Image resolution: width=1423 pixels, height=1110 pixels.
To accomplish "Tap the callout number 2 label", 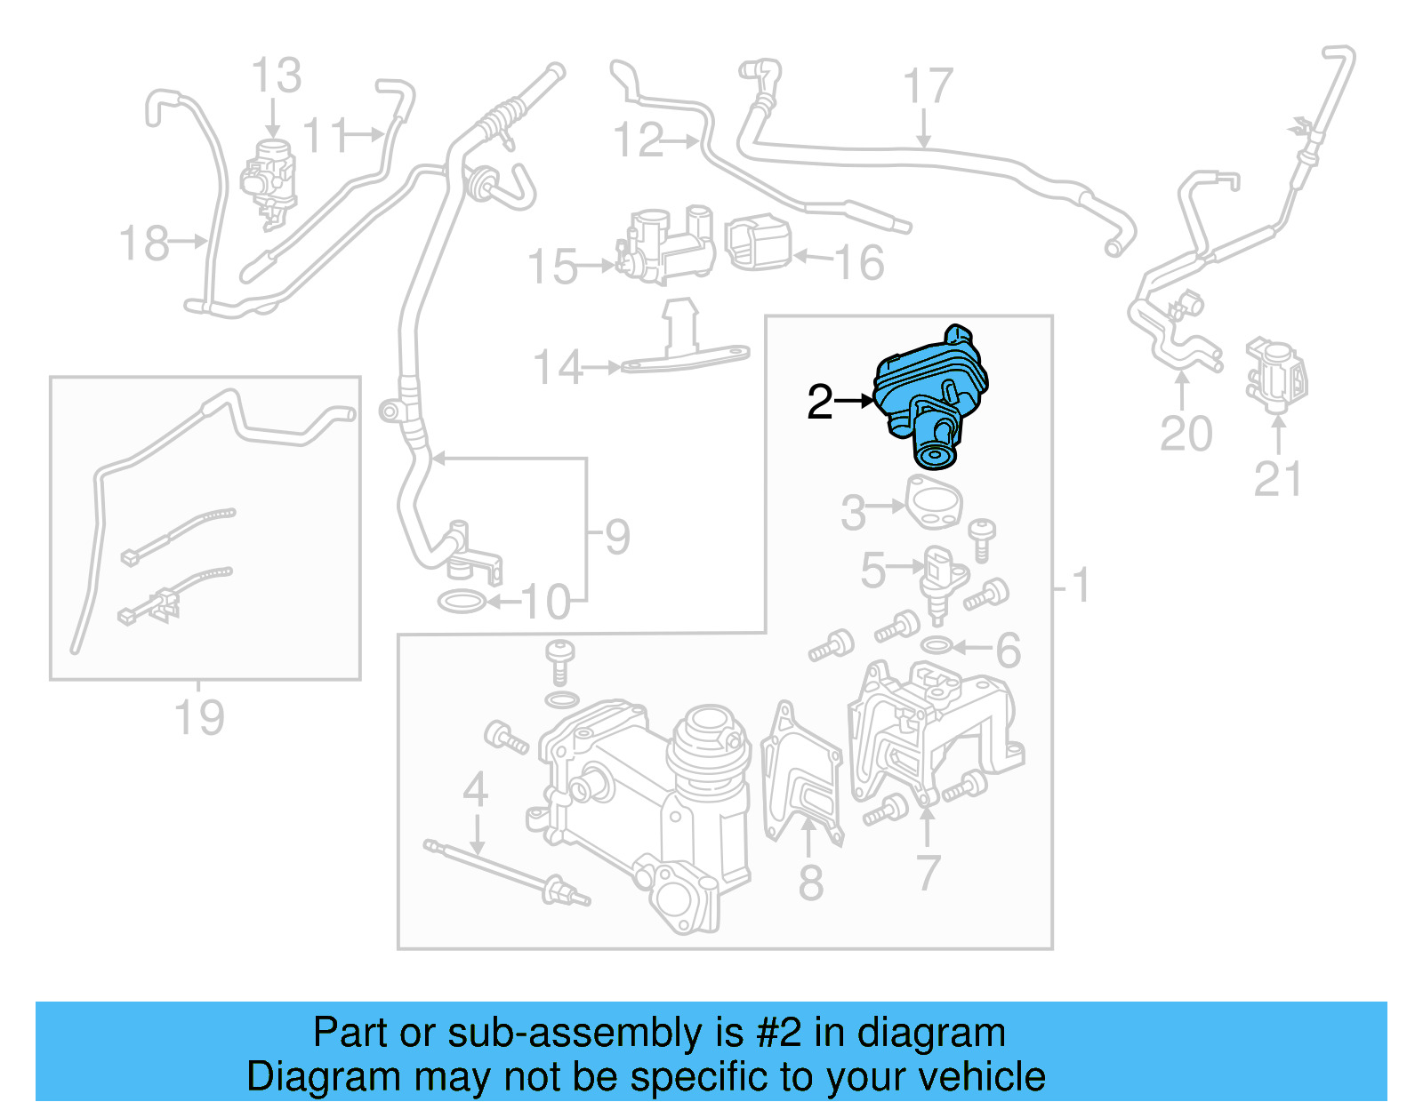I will pyautogui.click(x=819, y=403).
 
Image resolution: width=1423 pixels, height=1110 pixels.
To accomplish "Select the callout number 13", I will pyautogui.click(x=276, y=76).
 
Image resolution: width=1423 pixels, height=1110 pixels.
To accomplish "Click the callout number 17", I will pyautogui.click(x=928, y=87).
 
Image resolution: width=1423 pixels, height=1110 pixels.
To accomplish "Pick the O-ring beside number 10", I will pyautogui.click(x=462, y=603).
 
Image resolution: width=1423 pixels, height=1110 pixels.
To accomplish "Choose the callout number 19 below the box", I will pyautogui.click(x=199, y=717).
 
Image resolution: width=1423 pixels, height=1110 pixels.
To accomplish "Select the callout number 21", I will pyautogui.click(x=1277, y=479).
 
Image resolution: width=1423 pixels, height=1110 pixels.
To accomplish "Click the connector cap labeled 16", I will pyautogui.click(x=759, y=243).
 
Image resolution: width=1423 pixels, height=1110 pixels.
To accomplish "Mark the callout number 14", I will pyautogui.click(x=557, y=367).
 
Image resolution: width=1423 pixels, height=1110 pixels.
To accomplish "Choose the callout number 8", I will pyautogui.click(x=810, y=882).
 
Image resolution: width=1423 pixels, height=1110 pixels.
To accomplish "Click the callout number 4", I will pyautogui.click(x=475, y=789).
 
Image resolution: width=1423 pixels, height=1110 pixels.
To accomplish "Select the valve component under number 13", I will pyautogui.click(x=269, y=178).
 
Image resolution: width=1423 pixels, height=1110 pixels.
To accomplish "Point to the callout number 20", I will pyautogui.click(x=1186, y=434).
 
